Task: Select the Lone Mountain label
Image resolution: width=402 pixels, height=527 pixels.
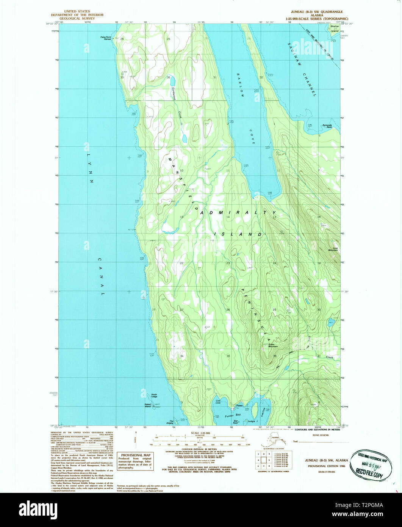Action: pos(333,249)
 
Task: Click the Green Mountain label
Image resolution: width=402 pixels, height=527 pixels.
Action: pos(271,346)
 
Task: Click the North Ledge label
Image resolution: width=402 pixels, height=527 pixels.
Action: pos(154,395)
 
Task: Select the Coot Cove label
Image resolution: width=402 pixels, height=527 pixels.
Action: pos(218,402)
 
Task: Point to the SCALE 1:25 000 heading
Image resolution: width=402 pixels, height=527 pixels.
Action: pos(201,433)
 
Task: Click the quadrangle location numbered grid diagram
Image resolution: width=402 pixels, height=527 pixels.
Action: pos(261,460)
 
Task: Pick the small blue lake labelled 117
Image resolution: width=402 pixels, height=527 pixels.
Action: pos(331,323)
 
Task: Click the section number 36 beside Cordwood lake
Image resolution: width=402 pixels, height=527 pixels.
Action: pos(168,77)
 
